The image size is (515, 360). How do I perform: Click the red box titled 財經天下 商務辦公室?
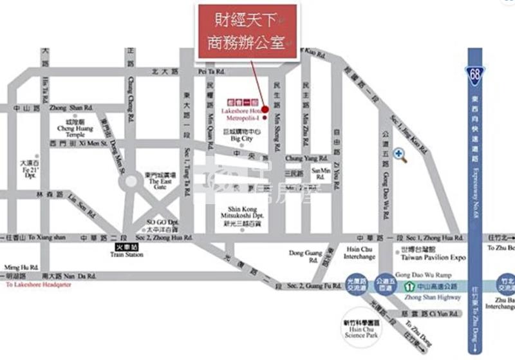tap(247, 32)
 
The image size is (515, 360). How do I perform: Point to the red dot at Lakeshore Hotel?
tap(265, 109)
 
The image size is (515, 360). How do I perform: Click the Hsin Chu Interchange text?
tap(359, 253)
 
